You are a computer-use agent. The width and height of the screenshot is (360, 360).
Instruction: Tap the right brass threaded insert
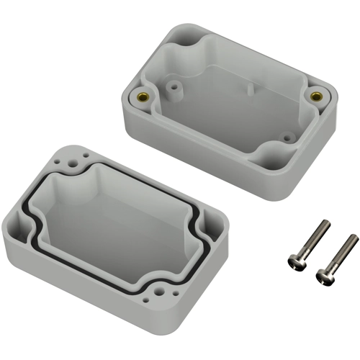click(x=315, y=95)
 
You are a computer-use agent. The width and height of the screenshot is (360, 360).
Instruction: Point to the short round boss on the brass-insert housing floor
click(x=287, y=134)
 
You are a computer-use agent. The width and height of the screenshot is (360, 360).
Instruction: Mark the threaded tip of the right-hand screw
click(x=354, y=238)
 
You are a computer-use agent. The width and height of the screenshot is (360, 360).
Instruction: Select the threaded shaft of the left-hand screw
click(x=313, y=240)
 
